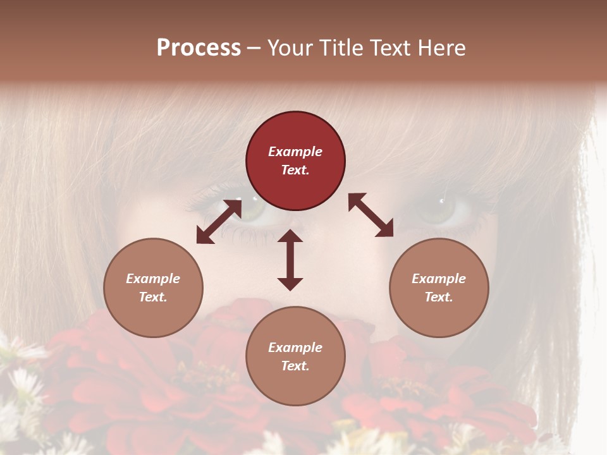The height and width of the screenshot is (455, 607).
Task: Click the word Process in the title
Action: pyautogui.click(x=199, y=48)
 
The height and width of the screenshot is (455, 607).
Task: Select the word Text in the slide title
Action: pyautogui.click(x=390, y=48)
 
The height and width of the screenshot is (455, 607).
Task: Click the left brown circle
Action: pyautogui.click(x=153, y=288)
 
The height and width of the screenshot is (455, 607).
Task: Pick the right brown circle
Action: pyautogui.click(x=439, y=288)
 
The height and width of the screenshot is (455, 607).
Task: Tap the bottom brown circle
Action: pyautogui.click(x=295, y=356)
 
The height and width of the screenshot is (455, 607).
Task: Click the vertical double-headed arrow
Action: pyautogui.click(x=290, y=260)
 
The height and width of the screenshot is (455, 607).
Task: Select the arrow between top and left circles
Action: pyautogui.click(x=219, y=221)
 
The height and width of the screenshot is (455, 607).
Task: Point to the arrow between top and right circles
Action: pyautogui.click(x=371, y=215)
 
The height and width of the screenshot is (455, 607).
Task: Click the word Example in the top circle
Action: pyautogui.click(x=295, y=152)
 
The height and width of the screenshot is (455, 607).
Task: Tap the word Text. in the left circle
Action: pyautogui.click(x=153, y=297)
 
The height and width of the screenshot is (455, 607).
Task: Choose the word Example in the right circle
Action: pyautogui.click(x=439, y=279)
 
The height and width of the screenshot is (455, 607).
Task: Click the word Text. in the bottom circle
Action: pyautogui.click(x=295, y=366)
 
